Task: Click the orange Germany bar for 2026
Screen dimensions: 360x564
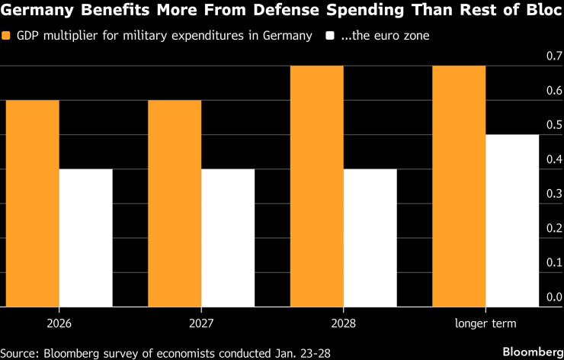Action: (33, 203)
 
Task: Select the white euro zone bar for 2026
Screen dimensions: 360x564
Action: (86, 237)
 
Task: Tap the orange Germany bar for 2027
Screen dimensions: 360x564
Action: (175, 203)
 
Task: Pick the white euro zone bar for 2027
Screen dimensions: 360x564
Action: (228, 237)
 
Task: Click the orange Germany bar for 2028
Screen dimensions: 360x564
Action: (317, 186)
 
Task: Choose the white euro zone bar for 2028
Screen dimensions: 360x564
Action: (370, 237)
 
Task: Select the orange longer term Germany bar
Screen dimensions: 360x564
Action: (459, 186)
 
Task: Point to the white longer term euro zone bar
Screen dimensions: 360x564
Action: (512, 220)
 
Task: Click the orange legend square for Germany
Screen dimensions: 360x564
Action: (7, 36)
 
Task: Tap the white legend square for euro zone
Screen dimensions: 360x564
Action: (330, 36)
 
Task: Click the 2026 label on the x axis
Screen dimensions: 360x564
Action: (59, 323)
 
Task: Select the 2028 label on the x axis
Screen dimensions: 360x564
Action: (344, 323)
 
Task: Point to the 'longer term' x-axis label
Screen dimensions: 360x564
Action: (485, 323)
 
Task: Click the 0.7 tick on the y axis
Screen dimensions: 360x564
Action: (553, 56)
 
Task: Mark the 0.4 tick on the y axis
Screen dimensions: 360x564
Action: (553, 159)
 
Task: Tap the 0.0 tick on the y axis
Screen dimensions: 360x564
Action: (553, 297)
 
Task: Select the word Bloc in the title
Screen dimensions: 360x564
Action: (540, 13)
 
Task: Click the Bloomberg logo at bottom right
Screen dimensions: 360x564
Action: (525, 351)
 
